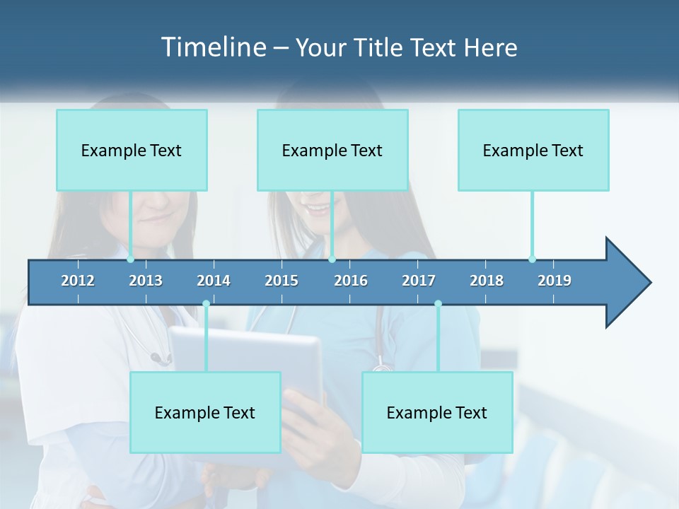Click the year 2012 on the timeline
78,281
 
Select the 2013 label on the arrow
146,281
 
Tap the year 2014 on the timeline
214,281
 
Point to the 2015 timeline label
282,281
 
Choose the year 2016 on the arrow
351,281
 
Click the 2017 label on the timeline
419,281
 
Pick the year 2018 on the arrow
487,281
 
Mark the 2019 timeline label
555,281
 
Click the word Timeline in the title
212,47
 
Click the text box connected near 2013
132,150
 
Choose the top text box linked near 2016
332,150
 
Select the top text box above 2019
533,150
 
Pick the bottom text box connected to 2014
205,412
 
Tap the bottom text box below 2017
437,412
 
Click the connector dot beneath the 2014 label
206,304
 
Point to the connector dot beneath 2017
438,304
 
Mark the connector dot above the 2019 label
532,259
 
